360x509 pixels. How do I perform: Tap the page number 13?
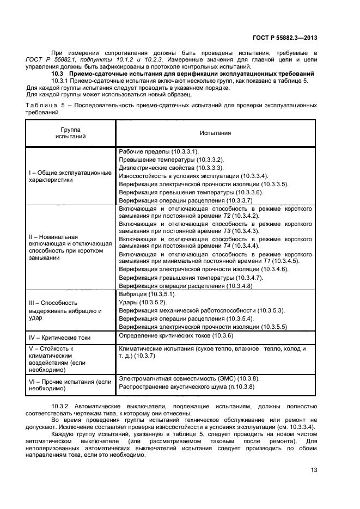tap(314, 470)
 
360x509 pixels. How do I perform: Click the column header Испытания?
tap(215, 133)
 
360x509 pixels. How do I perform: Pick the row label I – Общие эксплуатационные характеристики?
tap(70, 175)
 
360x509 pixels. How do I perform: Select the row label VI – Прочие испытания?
tap(70, 385)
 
